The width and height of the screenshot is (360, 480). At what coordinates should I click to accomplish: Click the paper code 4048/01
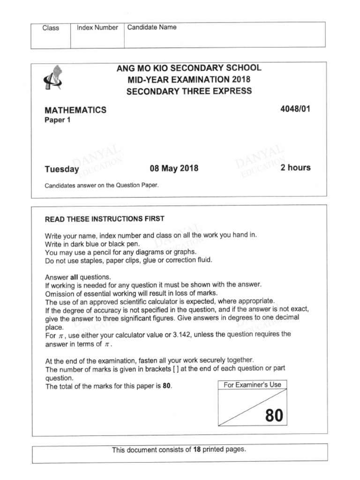coord(295,109)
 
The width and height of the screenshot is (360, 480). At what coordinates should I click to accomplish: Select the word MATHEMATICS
coord(75,111)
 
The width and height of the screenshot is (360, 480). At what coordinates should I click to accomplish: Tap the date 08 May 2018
coord(174,168)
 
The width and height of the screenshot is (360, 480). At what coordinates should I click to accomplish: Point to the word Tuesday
coord(62,169)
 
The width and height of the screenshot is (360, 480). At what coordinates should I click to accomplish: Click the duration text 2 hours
coord(295,167)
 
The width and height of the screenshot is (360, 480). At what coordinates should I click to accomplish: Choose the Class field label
coord(51,28)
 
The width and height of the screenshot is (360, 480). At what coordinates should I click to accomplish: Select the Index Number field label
coord(97,28)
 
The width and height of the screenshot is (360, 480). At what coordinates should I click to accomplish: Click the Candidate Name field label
coord(152,27)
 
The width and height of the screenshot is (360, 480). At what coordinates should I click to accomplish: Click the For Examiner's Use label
coord(252,385)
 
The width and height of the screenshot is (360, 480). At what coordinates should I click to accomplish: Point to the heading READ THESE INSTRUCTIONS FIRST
coord(105,219)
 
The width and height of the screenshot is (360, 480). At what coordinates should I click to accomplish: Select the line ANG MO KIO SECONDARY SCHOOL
coord(189,68)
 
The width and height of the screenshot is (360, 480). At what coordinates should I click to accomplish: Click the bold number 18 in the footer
coord(197,450)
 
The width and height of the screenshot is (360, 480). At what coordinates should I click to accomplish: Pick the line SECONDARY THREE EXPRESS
coord(189,91)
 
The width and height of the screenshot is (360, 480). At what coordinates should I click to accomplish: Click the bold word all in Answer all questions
coord(73,277)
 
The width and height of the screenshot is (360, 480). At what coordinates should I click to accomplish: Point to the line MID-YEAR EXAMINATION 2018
coord(189,79)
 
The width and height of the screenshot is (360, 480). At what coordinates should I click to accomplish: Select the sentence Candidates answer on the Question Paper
coord(102,185)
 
